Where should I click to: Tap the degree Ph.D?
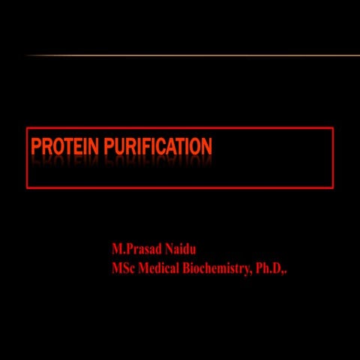click(x=268, y=269)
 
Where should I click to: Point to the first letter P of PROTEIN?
click(x=37, y=146)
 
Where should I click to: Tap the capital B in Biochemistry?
click(x=187, y=269)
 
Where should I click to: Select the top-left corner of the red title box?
click(x=27, y=128)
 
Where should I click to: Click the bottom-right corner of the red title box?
click(x=333, y=187)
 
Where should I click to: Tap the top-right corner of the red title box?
click(x=333, y=128)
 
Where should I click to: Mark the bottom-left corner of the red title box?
click(x=27, y=187)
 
